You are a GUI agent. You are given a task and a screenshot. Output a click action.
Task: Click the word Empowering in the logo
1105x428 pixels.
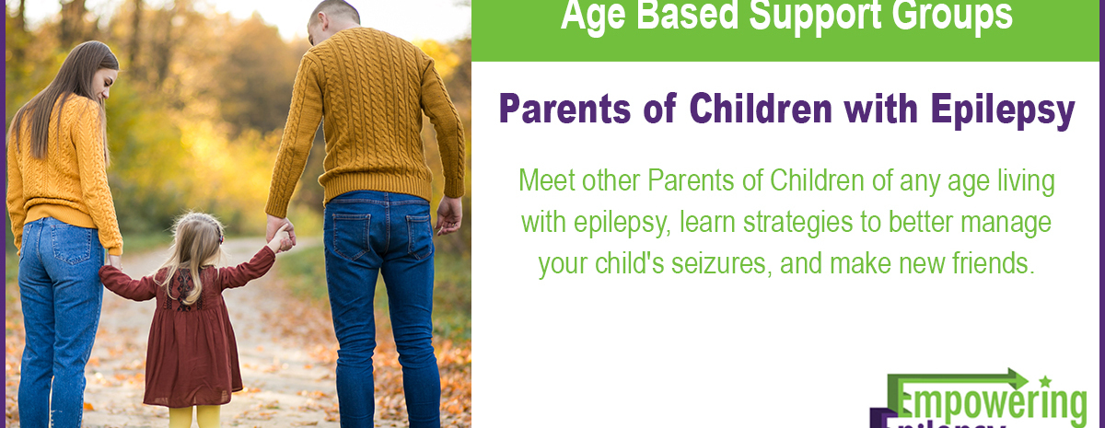pyautogui.click(x=991, y=402)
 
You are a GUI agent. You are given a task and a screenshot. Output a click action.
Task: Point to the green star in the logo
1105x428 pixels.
pyautogui.click(x=1045, y=380)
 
